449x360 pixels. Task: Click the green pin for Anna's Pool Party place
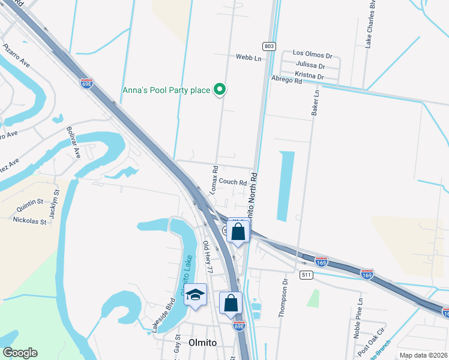coord(220,90)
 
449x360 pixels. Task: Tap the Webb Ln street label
coord(249,58)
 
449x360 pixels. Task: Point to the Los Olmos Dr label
coord(312,53)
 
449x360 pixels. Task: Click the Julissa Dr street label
coord(310,66)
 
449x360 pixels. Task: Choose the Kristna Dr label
coord(310,77)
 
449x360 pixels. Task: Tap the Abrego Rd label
coord(286,80)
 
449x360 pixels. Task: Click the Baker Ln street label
coord(315,103)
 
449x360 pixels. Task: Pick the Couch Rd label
coord(233,182)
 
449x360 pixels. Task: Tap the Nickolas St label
coord(30,221)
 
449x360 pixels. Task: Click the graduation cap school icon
coord(195,295)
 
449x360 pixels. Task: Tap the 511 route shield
coord(306,274)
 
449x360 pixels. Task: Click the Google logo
coord(20,353)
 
